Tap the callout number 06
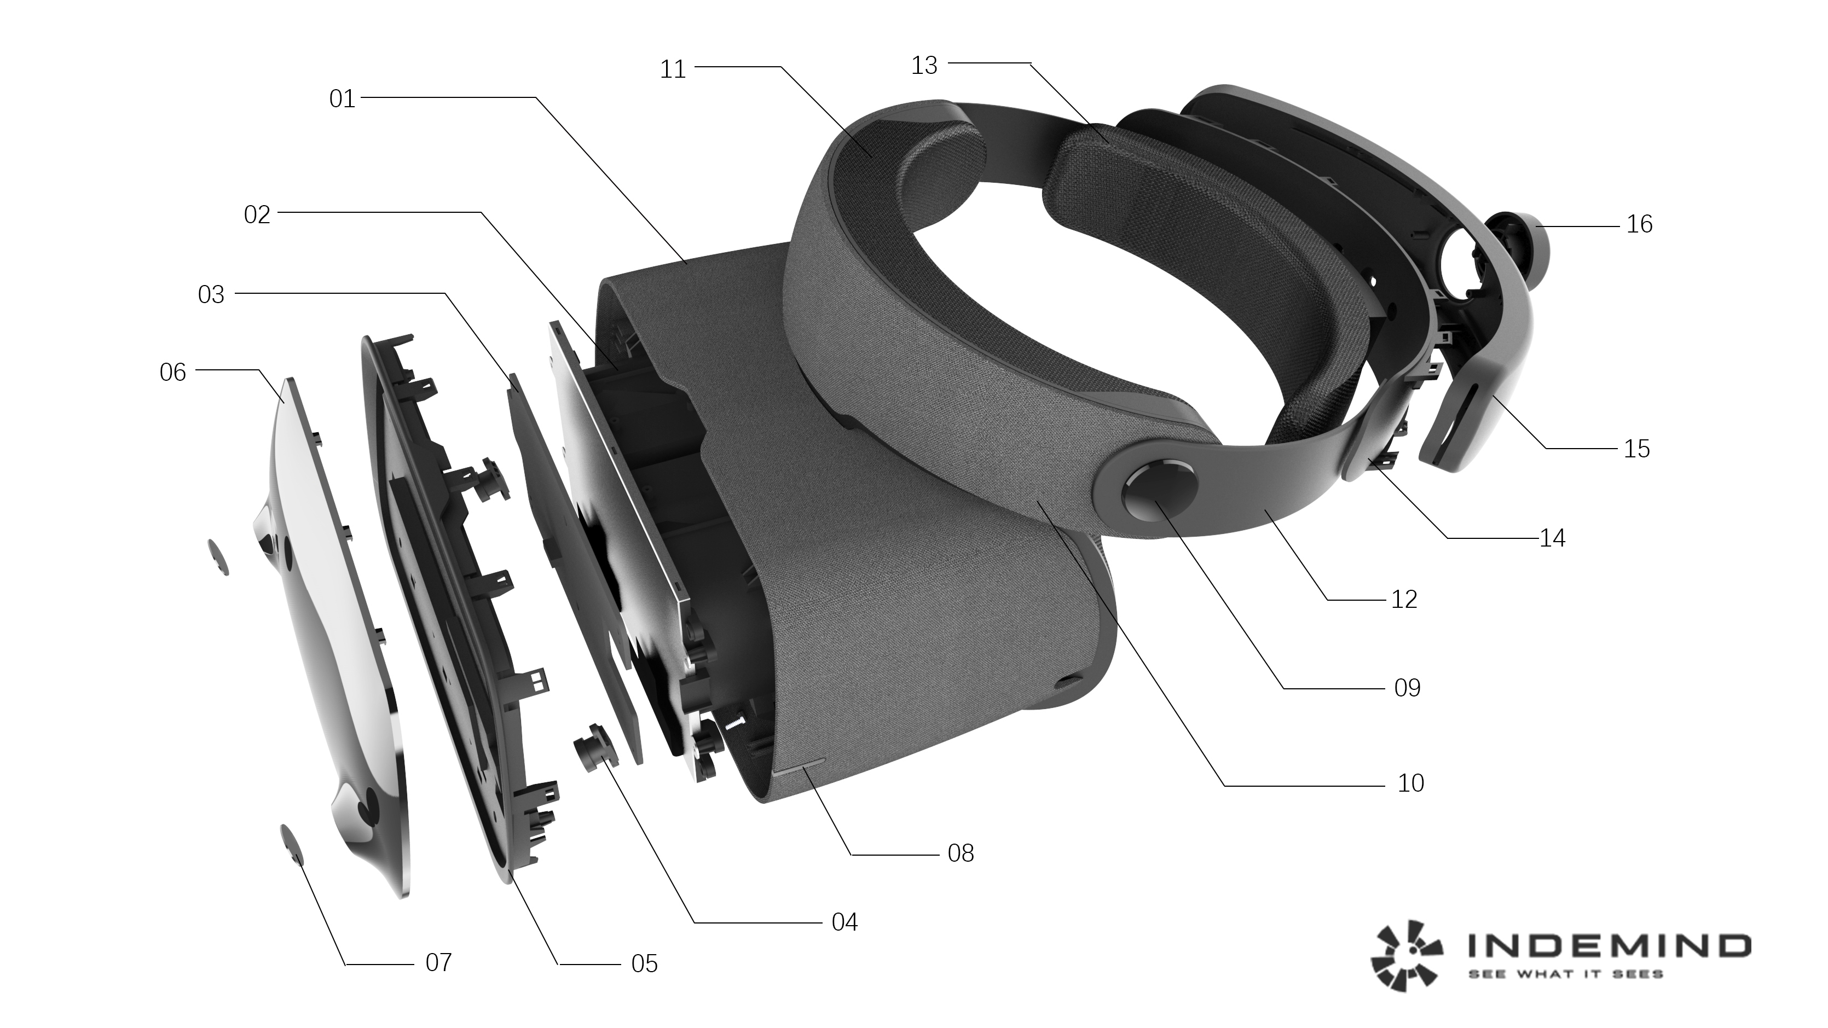[172, 373]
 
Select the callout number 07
[438, 963]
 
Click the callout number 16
[1639, 225]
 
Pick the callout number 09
[1407, 688]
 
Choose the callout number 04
[844, 922]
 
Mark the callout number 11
[673, 69]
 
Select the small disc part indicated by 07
[292, 844]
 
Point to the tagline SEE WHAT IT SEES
[1565, 974]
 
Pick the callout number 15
[1636, 449]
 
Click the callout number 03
[211, 294]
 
